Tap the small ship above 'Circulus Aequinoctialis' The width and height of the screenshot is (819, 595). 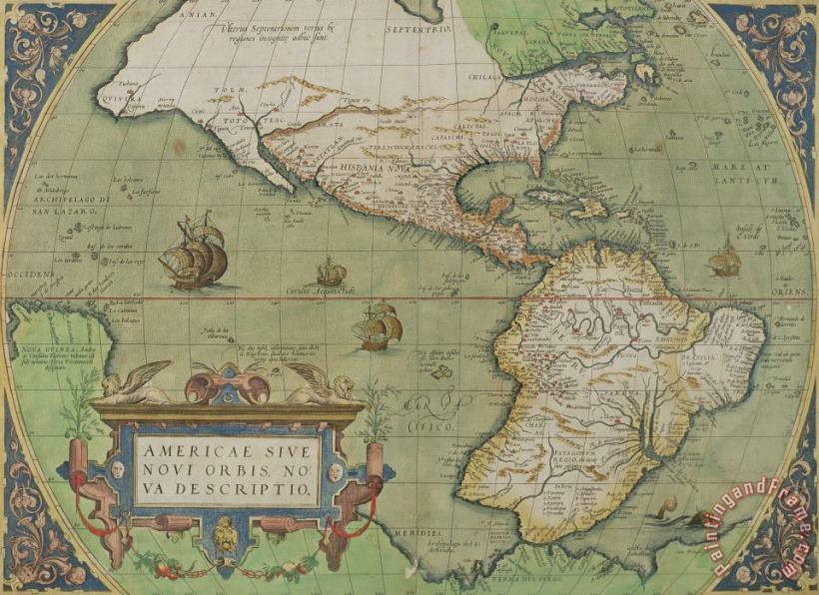click(332, 271)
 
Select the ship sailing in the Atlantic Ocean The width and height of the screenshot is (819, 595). click(725, 261)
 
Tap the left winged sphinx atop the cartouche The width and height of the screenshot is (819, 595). click(135, 384)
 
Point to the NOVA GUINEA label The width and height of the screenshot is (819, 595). click(34, 348)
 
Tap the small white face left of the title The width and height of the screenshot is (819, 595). click(116, 467)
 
